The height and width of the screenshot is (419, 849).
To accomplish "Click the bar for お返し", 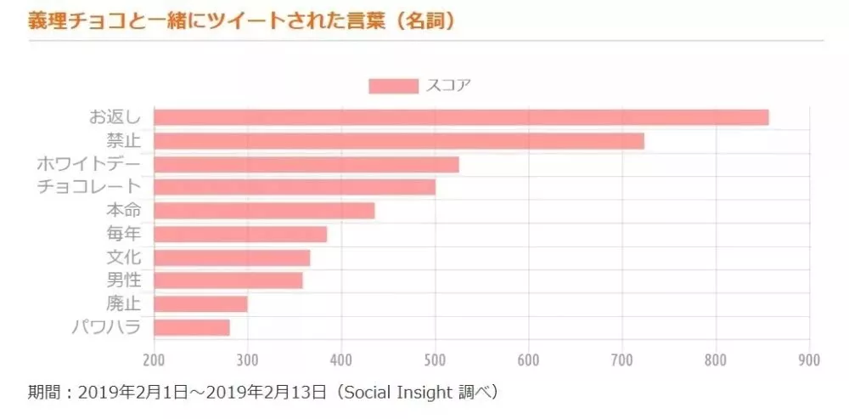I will [x=461, y=117].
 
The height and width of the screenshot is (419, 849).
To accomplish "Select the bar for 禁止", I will [x=399, y=141].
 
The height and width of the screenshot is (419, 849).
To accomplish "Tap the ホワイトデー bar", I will [x=306, y=164].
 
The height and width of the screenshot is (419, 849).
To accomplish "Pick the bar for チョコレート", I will [x=295, y=187].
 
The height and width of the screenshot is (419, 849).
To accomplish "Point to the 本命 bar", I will [x=264, y=211].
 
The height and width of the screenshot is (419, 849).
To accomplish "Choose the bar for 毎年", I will [x=240, y=234].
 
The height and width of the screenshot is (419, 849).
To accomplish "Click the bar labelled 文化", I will [x=232, y=258].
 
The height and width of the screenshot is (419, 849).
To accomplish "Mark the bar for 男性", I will [x=228, y=280].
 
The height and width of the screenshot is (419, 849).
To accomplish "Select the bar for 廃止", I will [x=200, y=303].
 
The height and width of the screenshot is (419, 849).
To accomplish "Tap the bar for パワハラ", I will [x=192, y=327].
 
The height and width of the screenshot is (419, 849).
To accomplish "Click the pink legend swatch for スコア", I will [x=393, y=86].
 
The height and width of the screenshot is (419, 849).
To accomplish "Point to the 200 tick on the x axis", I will [x=155, y=360].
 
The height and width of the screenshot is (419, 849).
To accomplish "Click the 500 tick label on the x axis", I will [x=435, y=360].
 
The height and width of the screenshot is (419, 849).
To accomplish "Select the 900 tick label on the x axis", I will [x=809, y=360].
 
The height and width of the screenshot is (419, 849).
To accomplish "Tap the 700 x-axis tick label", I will [x=622, y=360].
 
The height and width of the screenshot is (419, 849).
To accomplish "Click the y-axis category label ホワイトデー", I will [x=89, y=164].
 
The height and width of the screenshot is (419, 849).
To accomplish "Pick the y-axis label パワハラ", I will [x=107, y=327].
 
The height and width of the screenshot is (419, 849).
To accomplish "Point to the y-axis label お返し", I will [x=115, y=117].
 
